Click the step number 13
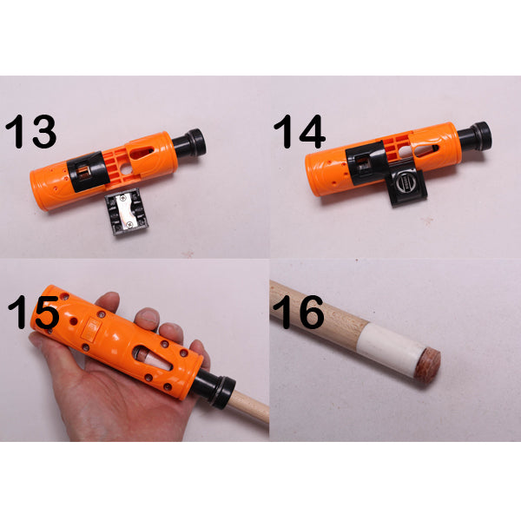31,132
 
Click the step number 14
299,132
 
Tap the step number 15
33,313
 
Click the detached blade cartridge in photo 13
126,212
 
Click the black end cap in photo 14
475,136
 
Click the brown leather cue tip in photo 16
428,365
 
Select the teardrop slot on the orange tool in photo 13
142,153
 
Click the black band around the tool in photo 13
89,171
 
